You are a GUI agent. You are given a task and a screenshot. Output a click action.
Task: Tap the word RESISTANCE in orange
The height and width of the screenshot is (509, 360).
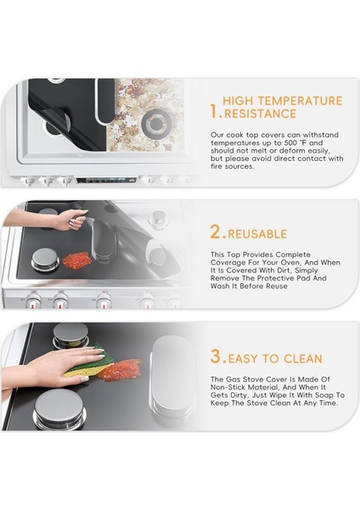(x=261, y=114)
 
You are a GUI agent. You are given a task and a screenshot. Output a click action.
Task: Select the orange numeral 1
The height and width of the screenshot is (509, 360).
(x=215, y=111)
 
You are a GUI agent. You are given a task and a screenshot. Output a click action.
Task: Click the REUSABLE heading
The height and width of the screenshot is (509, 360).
(x=257, y=234)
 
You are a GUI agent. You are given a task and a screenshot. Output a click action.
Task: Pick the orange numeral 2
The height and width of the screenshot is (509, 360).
(x=217, y=232)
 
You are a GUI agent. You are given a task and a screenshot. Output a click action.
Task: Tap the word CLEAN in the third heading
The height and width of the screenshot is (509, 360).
(x=303, y=359)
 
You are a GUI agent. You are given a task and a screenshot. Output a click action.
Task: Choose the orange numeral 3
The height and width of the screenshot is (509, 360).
(x=217, y=356)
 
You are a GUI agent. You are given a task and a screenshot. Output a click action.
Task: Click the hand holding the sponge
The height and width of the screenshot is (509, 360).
(x=55, y=365)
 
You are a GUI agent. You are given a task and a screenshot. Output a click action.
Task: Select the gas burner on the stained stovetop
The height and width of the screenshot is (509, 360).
(x=156, y=122)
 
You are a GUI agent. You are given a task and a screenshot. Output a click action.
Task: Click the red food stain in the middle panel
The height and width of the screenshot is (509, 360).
(x=76, y=260)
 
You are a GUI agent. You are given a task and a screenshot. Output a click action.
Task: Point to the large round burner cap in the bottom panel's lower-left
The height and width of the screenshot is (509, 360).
(x=59, y=408)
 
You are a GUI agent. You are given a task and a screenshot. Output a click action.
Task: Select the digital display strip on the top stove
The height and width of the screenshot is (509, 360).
(x=106, y=180)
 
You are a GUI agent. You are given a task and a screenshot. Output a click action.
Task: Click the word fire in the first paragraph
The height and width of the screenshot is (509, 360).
(x=217, y=166)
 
